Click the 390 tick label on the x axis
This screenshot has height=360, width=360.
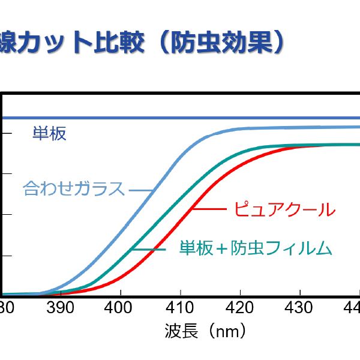click(x=61, y=308)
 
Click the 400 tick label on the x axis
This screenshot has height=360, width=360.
click(x=120, y=308)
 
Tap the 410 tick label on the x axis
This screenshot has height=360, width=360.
click(x=179, y=308)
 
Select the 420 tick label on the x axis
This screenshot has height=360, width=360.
click(x=239, y=308)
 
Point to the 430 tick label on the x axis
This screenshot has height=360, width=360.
click(x=298, y=308)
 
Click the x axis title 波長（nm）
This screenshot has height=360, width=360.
click(x=205, y=331)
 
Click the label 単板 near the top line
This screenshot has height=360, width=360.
click(x=49, y=133)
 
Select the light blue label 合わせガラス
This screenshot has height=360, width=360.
click(x=74, y=189)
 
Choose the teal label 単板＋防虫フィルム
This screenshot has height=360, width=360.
click(x=256, y=247)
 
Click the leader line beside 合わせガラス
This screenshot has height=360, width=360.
click(x=141, y=190)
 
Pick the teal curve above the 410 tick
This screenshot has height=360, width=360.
click(x=179, y=203)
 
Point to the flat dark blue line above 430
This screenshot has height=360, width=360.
click(x=298, y=117)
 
